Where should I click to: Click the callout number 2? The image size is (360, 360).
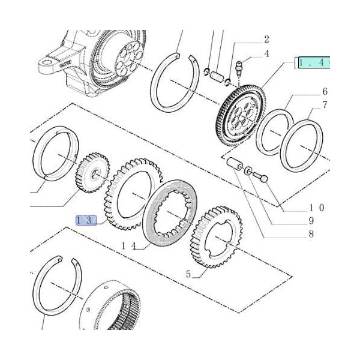(x=266, y=40)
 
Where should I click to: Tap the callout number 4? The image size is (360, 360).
(x=266, y=54)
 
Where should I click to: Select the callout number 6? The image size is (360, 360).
(x=325, y=92)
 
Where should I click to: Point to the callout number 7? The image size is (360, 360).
(x=325, y=105)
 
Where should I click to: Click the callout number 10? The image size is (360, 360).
(x=317, y=208)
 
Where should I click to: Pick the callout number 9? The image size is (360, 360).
(x=311, y=221)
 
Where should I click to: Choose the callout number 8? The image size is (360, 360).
(x=311, y=234)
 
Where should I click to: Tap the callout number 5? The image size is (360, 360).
(x=188, y=274)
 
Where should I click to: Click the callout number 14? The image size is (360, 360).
(x=129, y=247)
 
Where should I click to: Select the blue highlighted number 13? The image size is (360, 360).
(x=86, y=221)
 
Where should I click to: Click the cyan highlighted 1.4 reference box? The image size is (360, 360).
(x=314, y=62)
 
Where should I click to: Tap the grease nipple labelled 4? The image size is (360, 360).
(x=239, y=68)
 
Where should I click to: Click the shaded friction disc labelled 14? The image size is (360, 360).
(x=170, y=212)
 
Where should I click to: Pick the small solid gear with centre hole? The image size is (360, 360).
(x=92, y=172)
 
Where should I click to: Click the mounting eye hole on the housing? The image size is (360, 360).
(x=47, y=63)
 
